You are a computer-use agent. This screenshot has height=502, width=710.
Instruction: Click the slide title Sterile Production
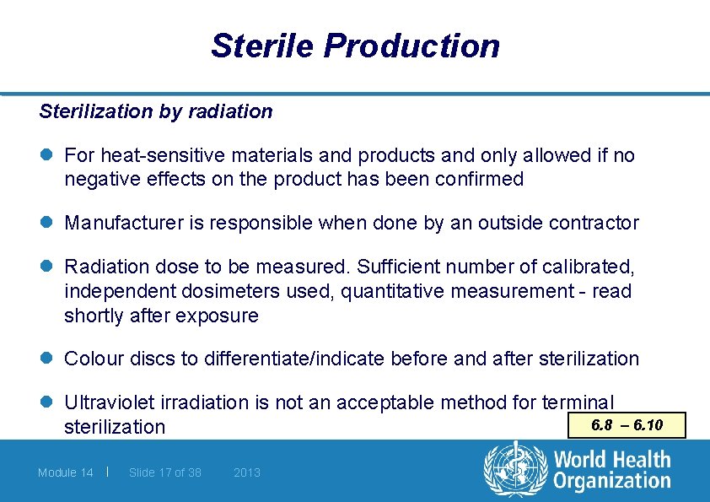pyautogui.click(x=355, y=46)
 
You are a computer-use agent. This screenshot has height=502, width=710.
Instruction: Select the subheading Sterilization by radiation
pyautogui.click(x=156, y=111)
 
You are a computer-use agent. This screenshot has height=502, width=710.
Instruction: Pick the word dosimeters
pyautogui.click(x=218, y=292)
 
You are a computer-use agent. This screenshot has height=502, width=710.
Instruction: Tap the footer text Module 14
pyautogui.click(x=66, y=472)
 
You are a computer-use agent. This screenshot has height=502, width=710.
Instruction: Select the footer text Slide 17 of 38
pyautogui.click(x=165, y=472)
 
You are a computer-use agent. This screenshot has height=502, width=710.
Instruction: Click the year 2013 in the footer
pyautogui.click(x=247, y=472)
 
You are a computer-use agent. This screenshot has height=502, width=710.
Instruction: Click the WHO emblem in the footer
pyautogui.click(x=514, y=471)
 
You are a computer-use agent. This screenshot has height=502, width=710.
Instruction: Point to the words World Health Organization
pyautogui.click(x=611, y=471)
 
